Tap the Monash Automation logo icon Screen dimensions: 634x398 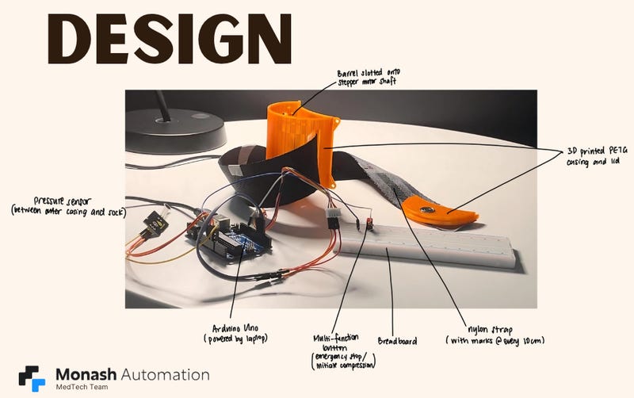tap(32, 378)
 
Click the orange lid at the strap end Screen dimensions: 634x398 tap(440, 212)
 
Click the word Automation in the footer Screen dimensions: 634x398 tap(166, 374)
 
